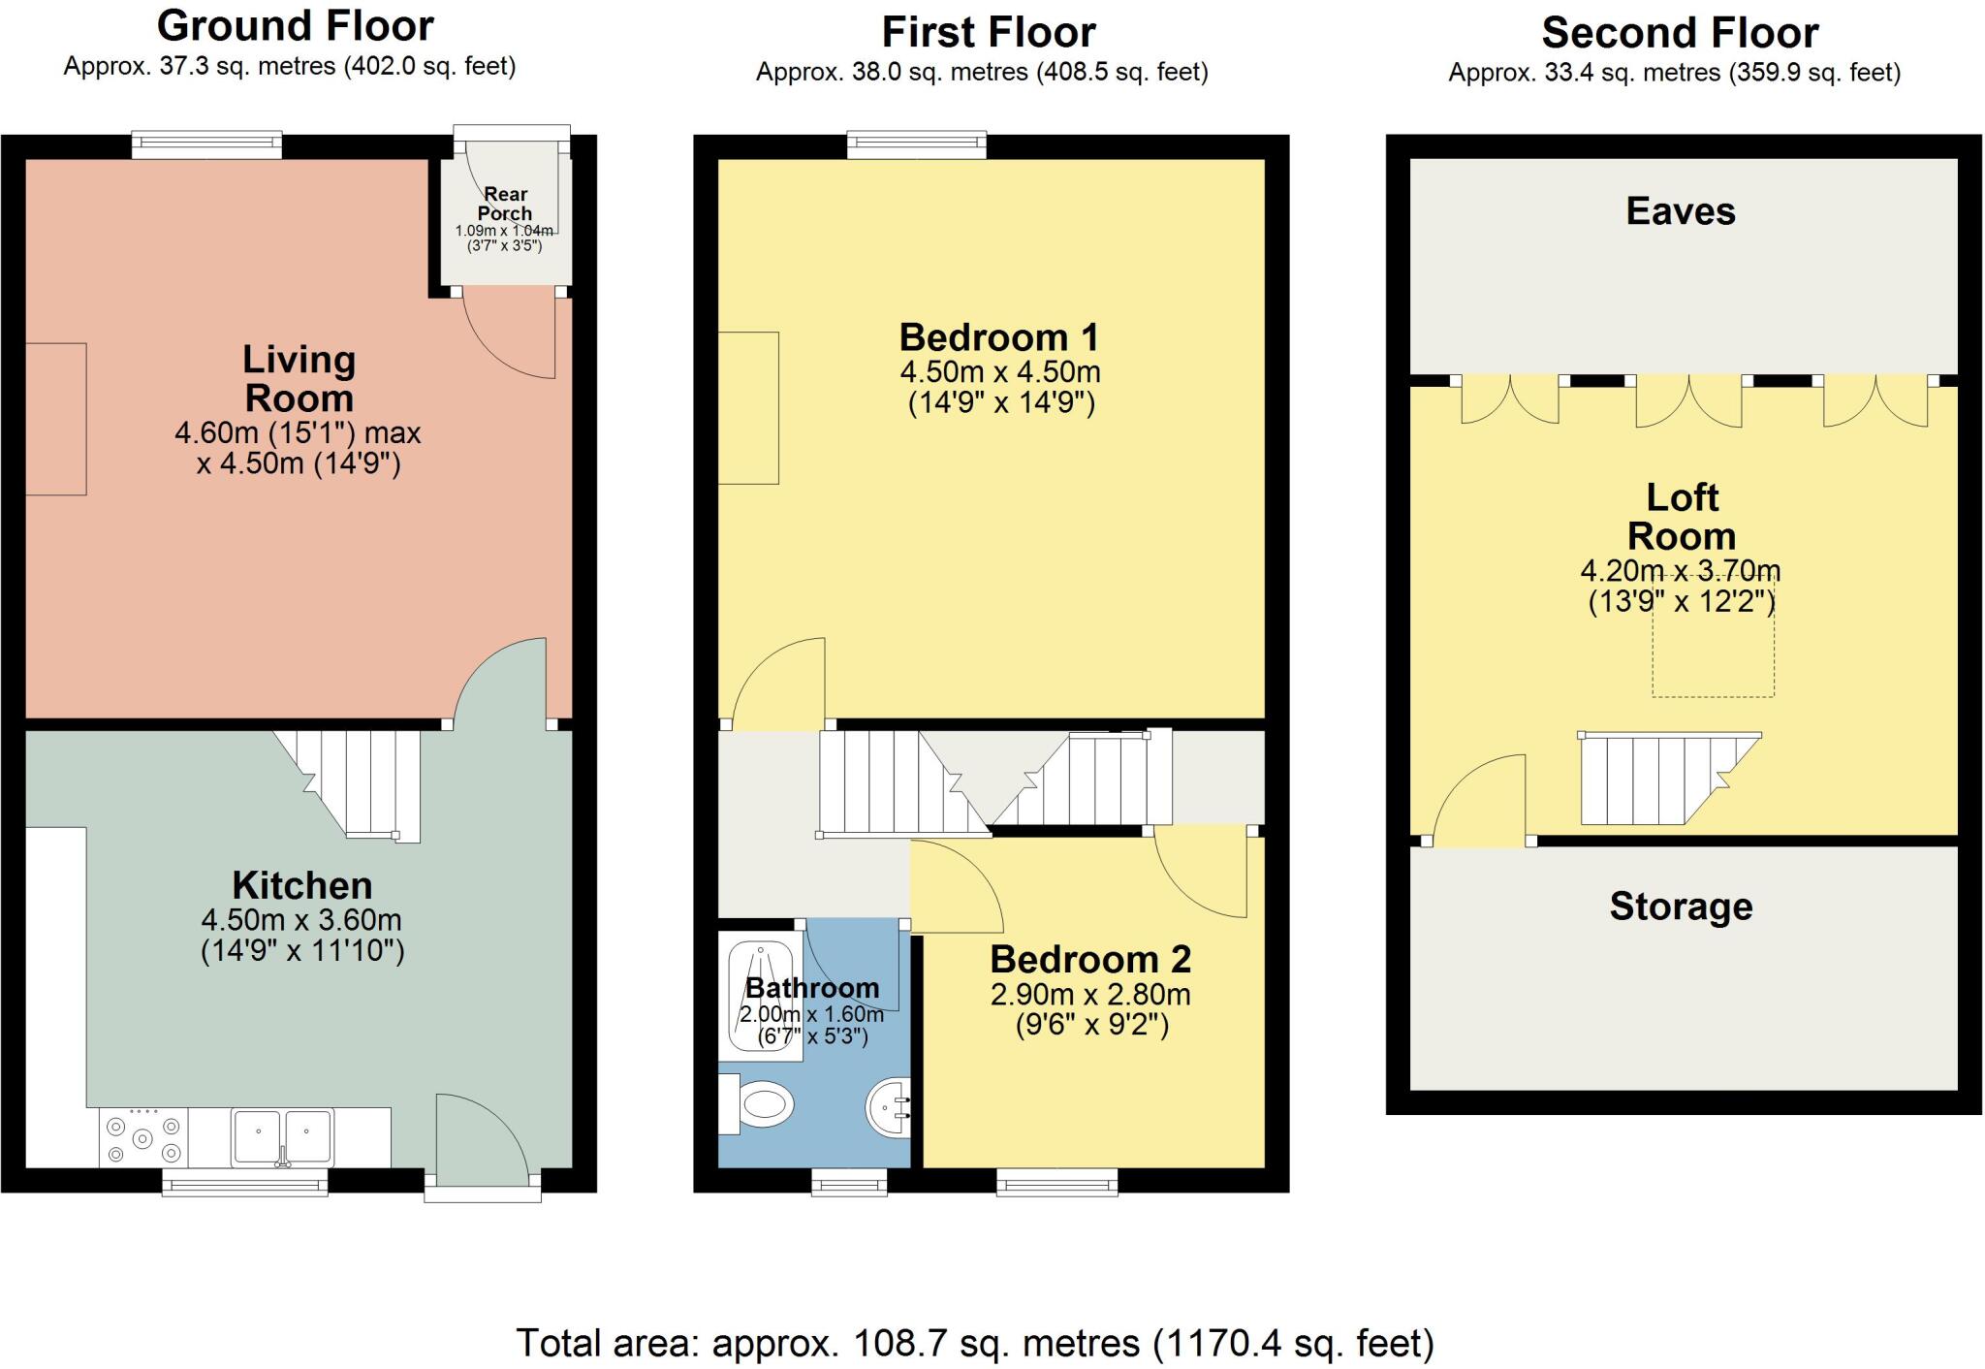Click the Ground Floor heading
click(295, 26)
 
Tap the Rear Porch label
click(505, 204)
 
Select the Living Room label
click(299, 378)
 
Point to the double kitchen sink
click(282, 1137)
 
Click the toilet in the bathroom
click(756, 1103)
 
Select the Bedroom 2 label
click(1090, 959)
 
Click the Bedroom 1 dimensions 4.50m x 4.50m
click(1000, 371)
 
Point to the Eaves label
click(1681, 211)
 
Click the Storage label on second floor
click(1681, 907)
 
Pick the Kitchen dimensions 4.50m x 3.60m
click(301, 919)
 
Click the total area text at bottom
click(974, 1344)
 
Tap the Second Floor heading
click(1680, 33)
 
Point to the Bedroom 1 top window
click(917, 145)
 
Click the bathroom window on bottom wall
click(849, 1181)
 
